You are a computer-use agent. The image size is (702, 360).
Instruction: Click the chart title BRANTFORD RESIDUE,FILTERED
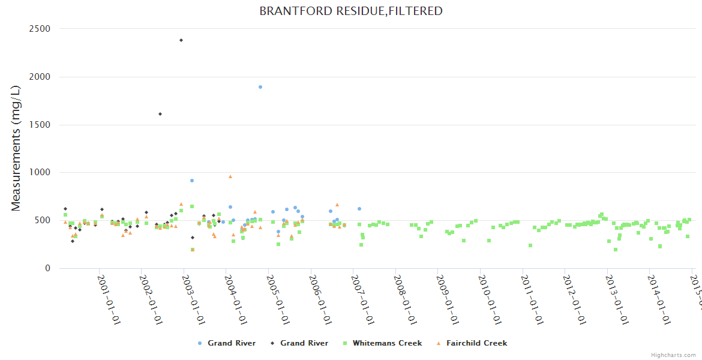pyautogui.click(x=351, y=11)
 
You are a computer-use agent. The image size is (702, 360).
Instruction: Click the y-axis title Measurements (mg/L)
pyautogui.click(x=16, y=148)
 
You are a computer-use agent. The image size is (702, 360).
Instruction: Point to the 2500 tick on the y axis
pyautogui.click(x=40, y=29)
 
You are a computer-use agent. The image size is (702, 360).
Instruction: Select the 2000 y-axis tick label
pyautogui.click(x=40, y=77)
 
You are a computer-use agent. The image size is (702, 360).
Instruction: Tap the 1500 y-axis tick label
pyautogui.click(x=40, y=125)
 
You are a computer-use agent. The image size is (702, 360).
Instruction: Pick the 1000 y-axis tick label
pyautogui.click(x=40, y=172)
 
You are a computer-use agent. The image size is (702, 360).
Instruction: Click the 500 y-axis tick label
pyautogui.click(x=43, y=220)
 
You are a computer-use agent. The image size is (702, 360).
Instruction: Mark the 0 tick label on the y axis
pyautogui.click(x=47, y=268)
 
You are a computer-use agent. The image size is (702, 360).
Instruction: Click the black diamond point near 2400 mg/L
pyautogui.click(x=181, y=40)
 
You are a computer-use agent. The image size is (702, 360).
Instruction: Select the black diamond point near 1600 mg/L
pyautogui.click(x=160, y=114)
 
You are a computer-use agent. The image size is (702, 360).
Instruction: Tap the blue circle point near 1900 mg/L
pyautogui.click(x=260, y=87)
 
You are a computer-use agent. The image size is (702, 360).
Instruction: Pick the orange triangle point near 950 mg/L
pyautogui.click(x=230, y=177)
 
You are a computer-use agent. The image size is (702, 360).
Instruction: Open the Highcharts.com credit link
pyautogui.click(x=674, y=355)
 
